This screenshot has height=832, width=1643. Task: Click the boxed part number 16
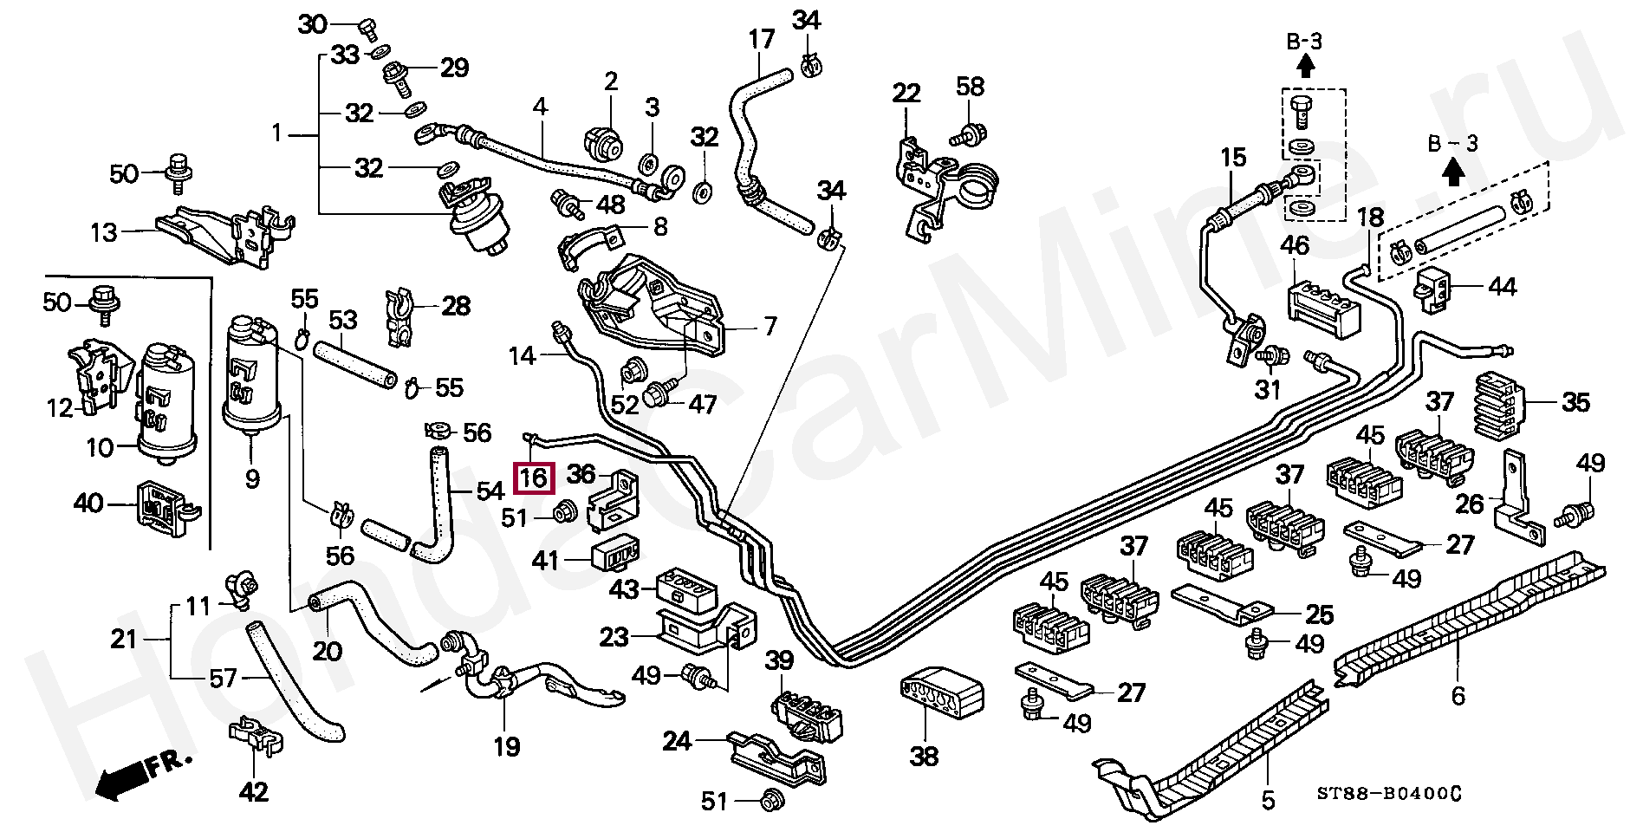click(533, 478)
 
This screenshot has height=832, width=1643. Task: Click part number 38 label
click(924, 756)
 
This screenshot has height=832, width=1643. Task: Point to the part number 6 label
click(1458, 695)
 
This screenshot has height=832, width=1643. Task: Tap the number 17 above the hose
click(761, 40)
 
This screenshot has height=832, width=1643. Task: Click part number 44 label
click(1501, 287)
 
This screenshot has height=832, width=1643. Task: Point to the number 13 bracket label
click(103, 232)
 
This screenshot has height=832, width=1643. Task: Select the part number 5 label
click(1268, 799)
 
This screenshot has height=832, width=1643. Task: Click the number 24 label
click(678, 741)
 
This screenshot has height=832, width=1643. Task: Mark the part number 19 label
click(506, 745)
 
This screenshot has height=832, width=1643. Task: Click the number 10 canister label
click(100, 447)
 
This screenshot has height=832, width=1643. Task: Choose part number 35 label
click(1575, 402)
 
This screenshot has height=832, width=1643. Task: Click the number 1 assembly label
click(276, 134)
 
